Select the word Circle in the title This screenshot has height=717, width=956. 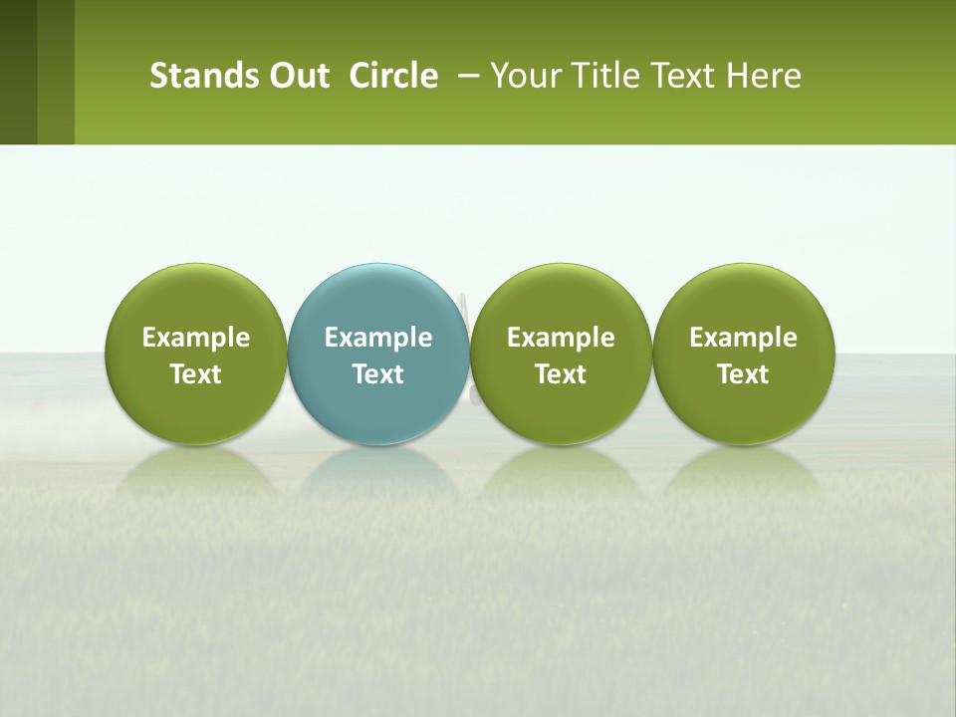[x=393, y=76]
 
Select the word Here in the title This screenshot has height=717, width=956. [x=763, y=76]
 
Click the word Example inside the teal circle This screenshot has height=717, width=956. [x=378, y=338]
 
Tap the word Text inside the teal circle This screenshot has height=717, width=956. [x=378, y=374]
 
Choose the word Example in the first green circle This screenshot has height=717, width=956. [x=196, y=338]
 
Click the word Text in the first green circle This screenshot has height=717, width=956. [x=196, y=374]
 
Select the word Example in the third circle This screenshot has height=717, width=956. [x=561, y=338]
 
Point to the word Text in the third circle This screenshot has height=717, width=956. [x=561, y=374]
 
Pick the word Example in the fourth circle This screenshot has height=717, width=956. [x=743, y=338]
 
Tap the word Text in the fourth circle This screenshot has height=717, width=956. [x=743, y=374]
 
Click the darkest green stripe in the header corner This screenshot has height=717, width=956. [x=18, y=72]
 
